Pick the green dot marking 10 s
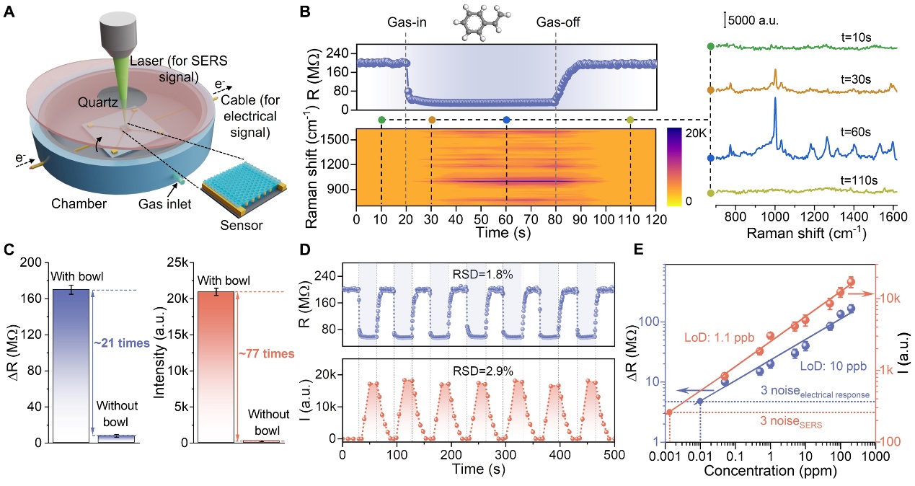(381, 120)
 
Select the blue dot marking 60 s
(507, 120)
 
